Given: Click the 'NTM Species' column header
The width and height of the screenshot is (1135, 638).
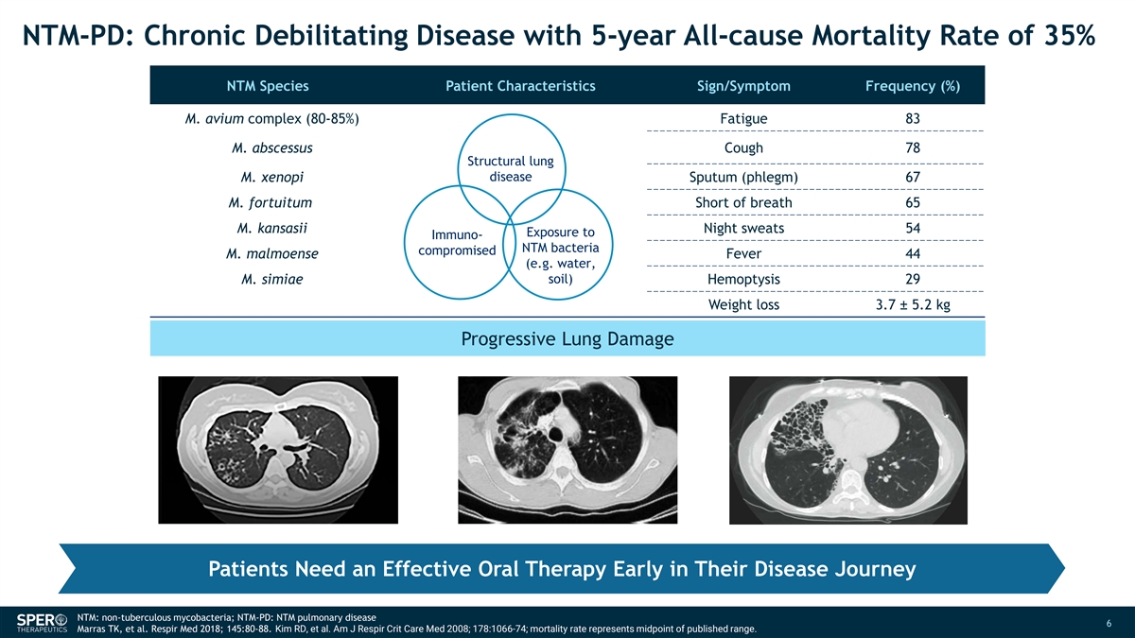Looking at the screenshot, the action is click(268, 86).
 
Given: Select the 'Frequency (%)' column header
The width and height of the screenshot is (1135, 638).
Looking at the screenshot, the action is click(913, 86).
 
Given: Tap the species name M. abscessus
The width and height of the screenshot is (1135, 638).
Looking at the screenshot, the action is click(272, 147).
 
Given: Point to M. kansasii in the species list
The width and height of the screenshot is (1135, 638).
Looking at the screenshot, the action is click(272, 228).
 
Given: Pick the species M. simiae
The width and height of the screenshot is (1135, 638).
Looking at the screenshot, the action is click(272, 279).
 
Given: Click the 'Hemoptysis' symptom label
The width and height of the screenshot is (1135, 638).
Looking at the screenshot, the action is click(743, 280).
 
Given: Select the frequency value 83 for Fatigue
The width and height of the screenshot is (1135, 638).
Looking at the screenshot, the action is click(913, 118).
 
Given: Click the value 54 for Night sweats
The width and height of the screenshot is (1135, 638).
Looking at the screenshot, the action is click(913, 228).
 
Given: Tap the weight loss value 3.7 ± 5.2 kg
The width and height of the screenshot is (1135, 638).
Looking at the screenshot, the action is click(913, 304).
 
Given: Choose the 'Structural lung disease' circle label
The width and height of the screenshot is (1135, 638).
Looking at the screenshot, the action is click(510, 168).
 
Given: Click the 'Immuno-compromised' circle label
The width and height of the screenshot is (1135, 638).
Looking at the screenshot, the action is click(457, 243).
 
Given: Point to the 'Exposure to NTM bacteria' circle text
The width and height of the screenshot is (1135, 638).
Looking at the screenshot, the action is click(560, 255).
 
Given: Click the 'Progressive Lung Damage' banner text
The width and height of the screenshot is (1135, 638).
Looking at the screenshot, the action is click(567, 338).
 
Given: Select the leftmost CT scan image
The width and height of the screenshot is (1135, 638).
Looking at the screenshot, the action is click(278, 450).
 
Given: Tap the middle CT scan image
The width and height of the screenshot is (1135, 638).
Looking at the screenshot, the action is click(567, 450).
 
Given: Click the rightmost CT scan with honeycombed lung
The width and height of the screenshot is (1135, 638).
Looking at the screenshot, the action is click(848, 450).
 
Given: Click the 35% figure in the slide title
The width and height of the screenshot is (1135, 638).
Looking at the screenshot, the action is click(1070, 36).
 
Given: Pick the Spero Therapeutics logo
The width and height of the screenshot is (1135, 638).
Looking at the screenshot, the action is click(42, 622).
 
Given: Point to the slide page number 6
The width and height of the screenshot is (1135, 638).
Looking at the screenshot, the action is click(1109, 623).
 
